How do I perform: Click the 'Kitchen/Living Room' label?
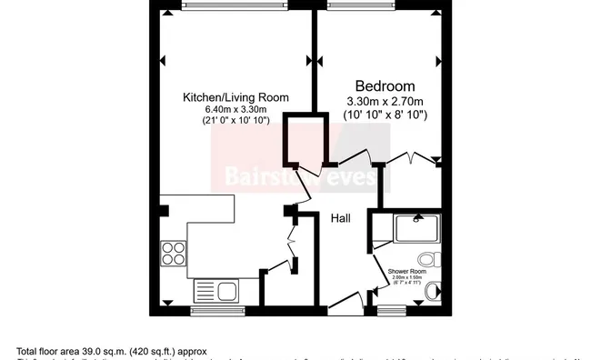pos(235,97)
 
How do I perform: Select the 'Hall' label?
pos(340,218)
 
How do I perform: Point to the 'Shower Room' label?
pos(406,272)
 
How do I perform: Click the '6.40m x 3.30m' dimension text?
pos(235,110)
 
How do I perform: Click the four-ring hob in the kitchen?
pos(173,253)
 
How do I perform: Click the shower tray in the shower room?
pos(417,227)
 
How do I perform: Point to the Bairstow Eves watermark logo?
pos(296,175)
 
